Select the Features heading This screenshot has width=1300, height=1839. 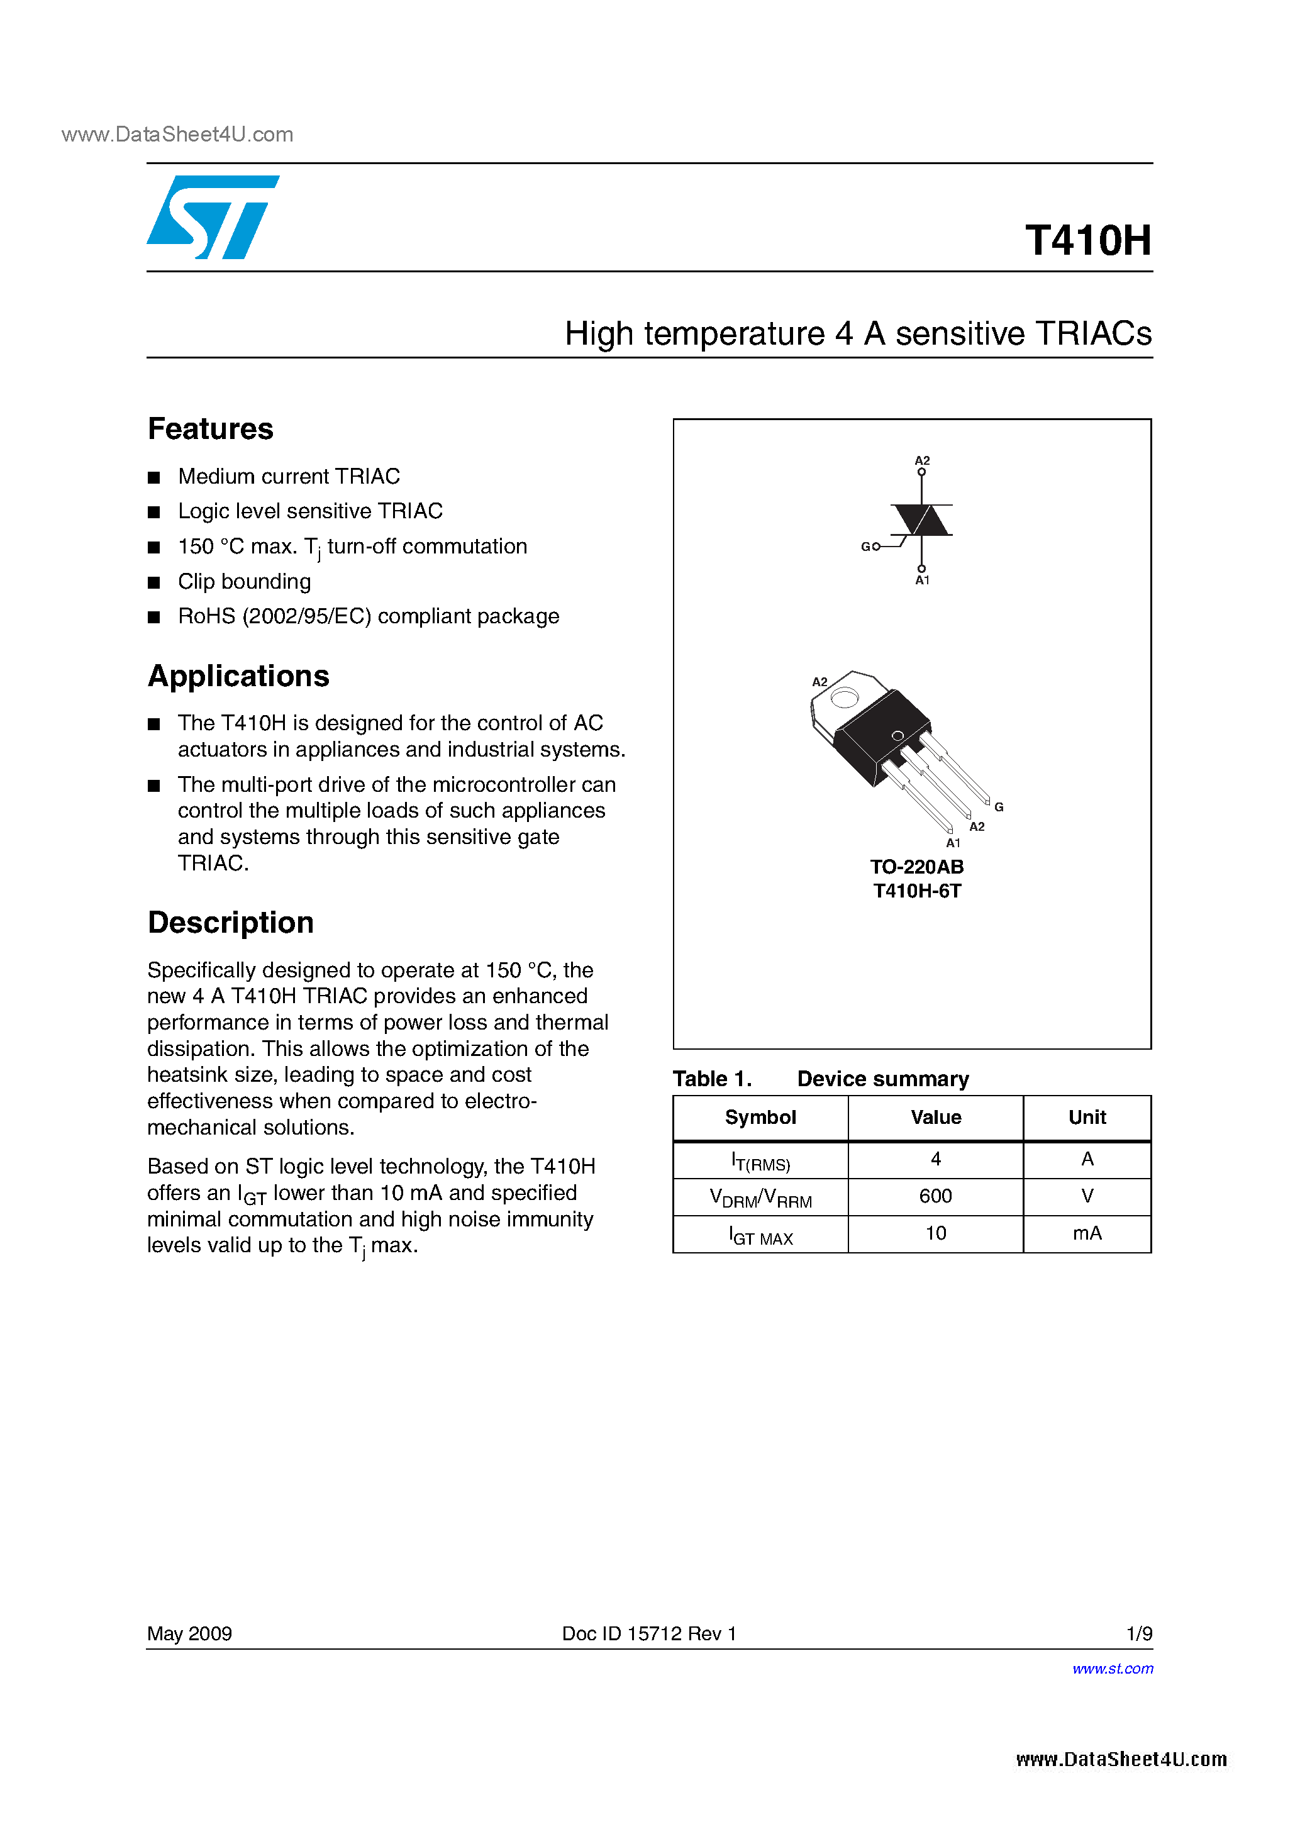(x=211, y=430)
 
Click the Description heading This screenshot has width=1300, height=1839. (x=231, y=923)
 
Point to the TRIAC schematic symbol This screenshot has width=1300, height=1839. (x=921, y=521)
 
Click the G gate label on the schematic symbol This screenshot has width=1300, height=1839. (x=865, y=547)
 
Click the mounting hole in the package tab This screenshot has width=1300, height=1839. (x=843, y=697)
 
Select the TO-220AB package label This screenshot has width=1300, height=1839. (x=917, y=867)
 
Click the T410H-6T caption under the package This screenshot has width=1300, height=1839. (x=917, y=891)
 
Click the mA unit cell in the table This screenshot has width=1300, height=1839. (x=1087, y=1233)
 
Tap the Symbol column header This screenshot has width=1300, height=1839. (x=760, y=1118)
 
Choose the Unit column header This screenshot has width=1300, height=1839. (x=1087, y=1118)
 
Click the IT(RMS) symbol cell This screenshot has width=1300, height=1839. (x=760, y=1160)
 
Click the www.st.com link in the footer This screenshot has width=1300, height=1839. (x=1113, y=1669)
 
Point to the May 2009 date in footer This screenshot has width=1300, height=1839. (x=190, y=1633)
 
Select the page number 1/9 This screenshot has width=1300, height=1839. (x=1138, y=1633)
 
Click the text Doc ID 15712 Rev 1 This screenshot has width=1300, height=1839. (x=649, y=1633)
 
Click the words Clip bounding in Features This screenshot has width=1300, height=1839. (x=244, y=582)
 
